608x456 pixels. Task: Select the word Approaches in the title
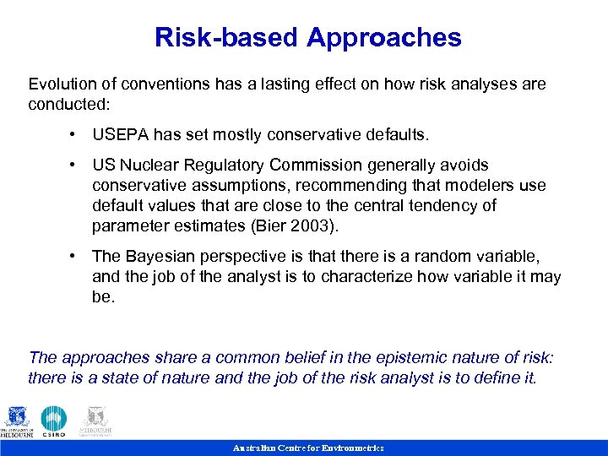pyautogui.click(x=384, y=38)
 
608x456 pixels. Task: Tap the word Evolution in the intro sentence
pyautogui.click(x=62, y=84)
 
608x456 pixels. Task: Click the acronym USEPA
pyautogui.click(x=119, y=134)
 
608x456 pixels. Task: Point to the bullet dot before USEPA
pyautogui.click(x=76, y=134)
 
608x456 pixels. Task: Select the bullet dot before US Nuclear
pyautogui.click(x=76, y=165)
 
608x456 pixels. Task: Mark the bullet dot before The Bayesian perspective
pyautogui.click(x=76, y=256)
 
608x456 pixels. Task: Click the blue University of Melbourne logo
pyautogui.click(x=18, y=421)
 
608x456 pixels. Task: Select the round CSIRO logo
pyautogui.click(x=54, y=421)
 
